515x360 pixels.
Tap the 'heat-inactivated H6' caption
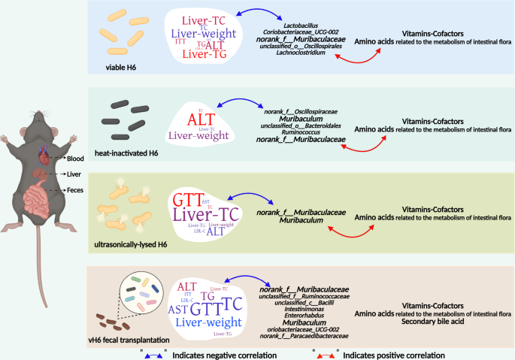133,153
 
